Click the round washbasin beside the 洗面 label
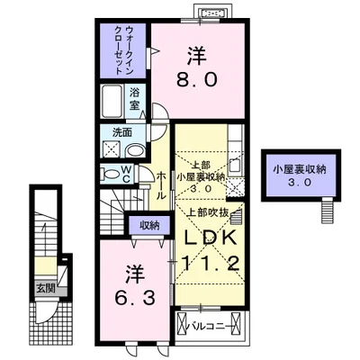[134, 150]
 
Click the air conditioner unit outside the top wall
[214, 13]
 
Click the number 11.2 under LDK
[211, 264]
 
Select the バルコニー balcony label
[215, 320]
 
